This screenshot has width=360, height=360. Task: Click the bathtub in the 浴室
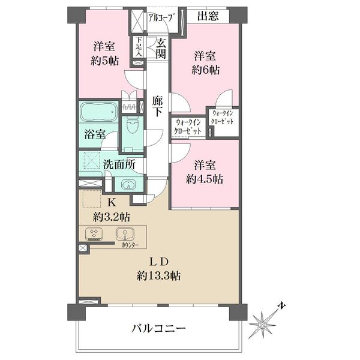point(98,113)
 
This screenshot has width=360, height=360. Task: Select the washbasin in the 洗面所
point(128,185)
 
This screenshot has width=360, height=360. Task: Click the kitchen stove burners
point(94,234)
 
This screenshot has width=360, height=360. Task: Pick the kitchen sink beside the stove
point(125,235)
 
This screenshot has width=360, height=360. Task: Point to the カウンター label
point(130,245)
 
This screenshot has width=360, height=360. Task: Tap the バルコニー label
point(158,329)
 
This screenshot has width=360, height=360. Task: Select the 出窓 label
point(208,16)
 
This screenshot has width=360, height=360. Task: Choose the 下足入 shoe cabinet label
point(139,47)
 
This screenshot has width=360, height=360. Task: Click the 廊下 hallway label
point(157,106)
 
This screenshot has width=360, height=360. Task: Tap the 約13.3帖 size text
point(158,276)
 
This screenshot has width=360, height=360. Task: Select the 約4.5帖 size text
point(205,179)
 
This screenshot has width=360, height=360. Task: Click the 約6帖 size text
point(205,70)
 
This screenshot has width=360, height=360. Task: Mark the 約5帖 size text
point(104,61)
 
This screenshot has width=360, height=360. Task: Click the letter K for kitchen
point(112,203)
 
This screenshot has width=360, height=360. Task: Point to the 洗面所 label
point(119,164)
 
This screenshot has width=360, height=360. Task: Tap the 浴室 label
point(95,134)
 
